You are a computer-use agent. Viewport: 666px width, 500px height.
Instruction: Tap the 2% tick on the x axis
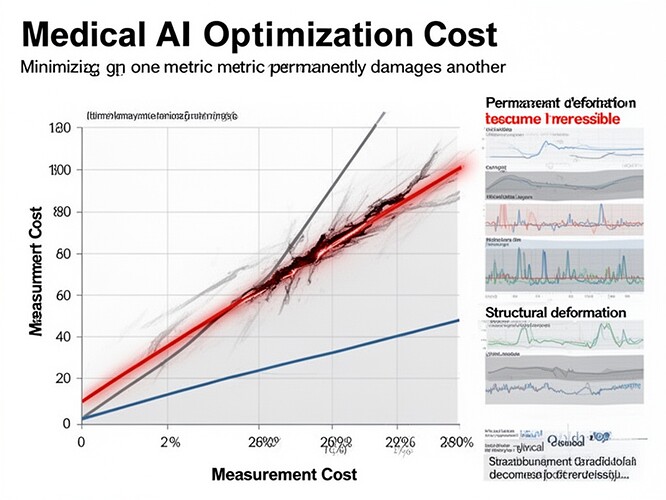[170, 442]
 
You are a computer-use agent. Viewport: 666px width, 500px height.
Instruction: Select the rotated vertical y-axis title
[37, 275]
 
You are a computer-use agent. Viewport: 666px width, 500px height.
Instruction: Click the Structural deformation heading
[555, 313]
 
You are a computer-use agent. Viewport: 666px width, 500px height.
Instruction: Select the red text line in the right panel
[553, 119]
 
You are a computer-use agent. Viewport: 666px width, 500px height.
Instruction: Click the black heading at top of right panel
[560, 102]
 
